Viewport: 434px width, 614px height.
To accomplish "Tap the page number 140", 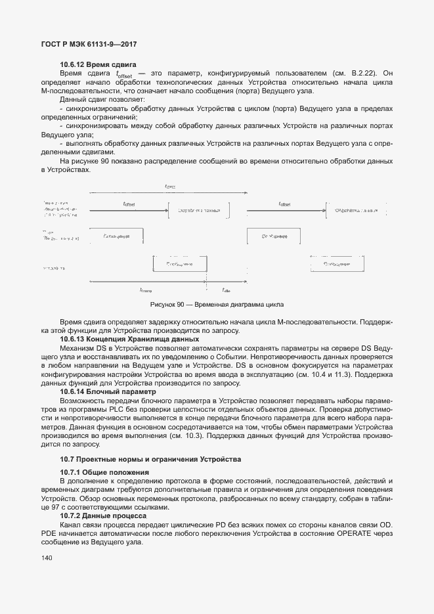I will [47, 559].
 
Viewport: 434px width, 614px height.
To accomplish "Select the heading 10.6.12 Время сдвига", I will [98, 64].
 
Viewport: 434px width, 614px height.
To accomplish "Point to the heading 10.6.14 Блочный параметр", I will [108, 391].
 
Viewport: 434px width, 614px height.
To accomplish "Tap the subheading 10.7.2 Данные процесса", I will [104, 516].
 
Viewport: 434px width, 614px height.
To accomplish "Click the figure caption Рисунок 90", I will [217, 305].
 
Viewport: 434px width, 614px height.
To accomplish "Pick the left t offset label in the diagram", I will [129, 204].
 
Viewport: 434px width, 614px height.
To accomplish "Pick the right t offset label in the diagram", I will [284, 204].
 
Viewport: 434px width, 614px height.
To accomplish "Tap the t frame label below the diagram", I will [146, 290].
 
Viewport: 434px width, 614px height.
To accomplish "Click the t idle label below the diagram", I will [226, 290].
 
